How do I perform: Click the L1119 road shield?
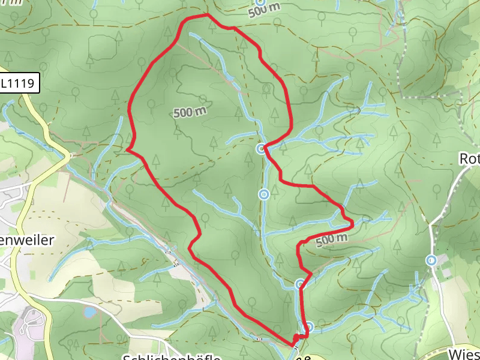[x=20, y=83]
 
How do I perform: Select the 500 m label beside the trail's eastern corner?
[x=331, y=239]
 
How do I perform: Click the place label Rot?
[x=469, y=159]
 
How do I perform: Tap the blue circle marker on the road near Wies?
[x=431, y=260]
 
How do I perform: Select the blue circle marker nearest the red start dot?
[x=308, y=327]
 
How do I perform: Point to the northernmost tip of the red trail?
[x=207, y=14]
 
